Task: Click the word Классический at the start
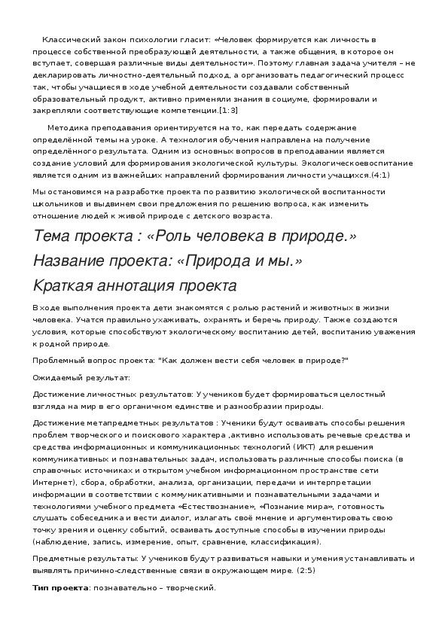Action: coord(66,38)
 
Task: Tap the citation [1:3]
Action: coord(228,110)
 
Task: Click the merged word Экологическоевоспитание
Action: coord(349,163)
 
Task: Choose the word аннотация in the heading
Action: coord(135,285)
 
